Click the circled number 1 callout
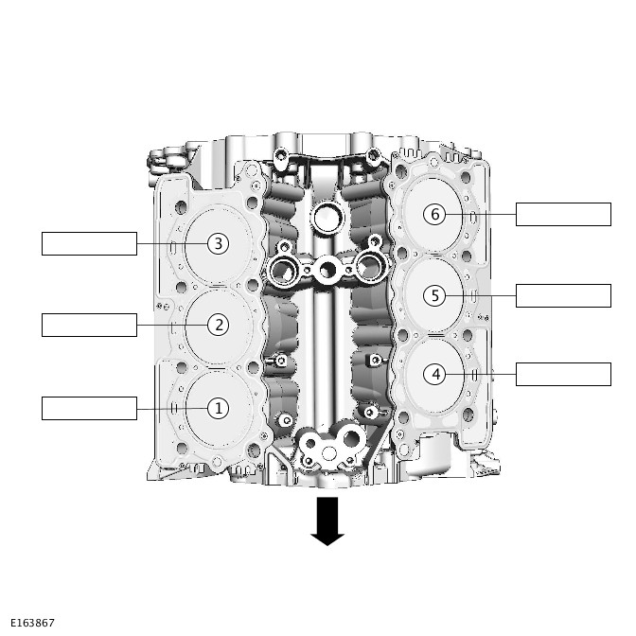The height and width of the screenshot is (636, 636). pos(218,409)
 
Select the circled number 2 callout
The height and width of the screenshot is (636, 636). pos(218,325)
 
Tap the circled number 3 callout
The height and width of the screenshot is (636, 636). pos(218,244)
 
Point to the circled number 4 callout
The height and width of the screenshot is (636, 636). pos(435,375)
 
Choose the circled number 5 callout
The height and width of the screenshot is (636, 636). pos(435,295)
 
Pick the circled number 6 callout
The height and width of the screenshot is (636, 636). pos(435,214)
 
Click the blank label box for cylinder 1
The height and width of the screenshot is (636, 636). pos(89,408)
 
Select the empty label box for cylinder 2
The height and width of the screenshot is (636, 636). pos(89,325)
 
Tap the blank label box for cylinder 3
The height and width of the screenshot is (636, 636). pos(89,243)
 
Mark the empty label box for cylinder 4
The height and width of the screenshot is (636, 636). pos(563,374)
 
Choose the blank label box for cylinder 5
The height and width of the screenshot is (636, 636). pos(563,295)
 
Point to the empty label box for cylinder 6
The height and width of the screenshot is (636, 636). pos(563,214)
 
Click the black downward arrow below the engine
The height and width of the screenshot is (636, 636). pos(327,521)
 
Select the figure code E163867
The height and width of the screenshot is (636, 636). pos(28,623)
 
